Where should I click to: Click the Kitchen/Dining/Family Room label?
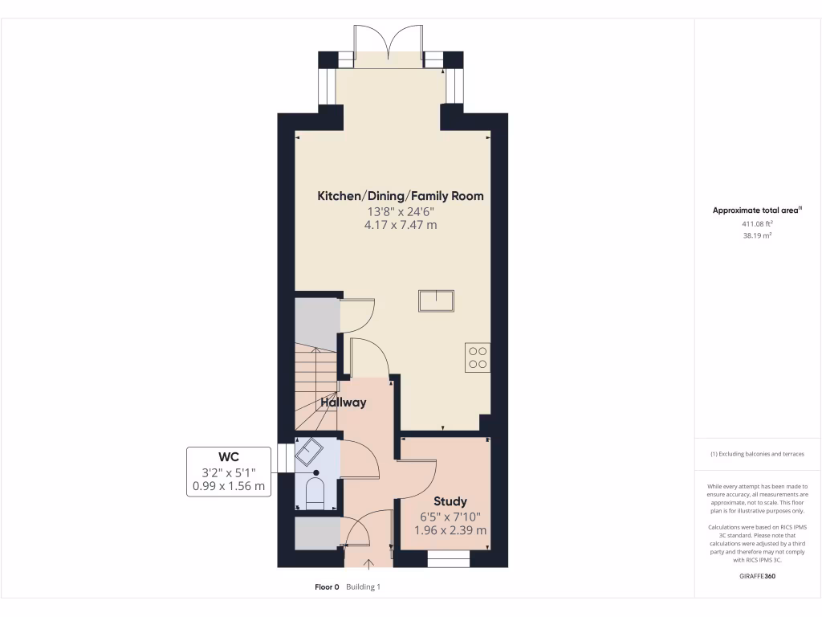tap(401, 195)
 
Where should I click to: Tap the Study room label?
tap(450, 501)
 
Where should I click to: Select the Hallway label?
tap(344, 402)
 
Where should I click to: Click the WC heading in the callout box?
tap(229, 456)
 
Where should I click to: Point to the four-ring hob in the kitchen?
tap(477, 357)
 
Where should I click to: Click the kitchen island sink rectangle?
tap(436, 300)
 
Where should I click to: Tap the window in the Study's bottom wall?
tap(448, 558)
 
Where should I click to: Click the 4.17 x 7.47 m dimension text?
tap(401, 225)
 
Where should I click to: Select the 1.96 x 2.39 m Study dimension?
tap(450, 530)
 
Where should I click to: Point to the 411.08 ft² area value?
tap(757, 224)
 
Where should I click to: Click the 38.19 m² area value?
tap(757, 237)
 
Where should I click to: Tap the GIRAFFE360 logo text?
tap(757, 576)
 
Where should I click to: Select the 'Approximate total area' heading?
tap(757, 210)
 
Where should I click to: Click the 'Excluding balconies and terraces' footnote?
tap(757, 454)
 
